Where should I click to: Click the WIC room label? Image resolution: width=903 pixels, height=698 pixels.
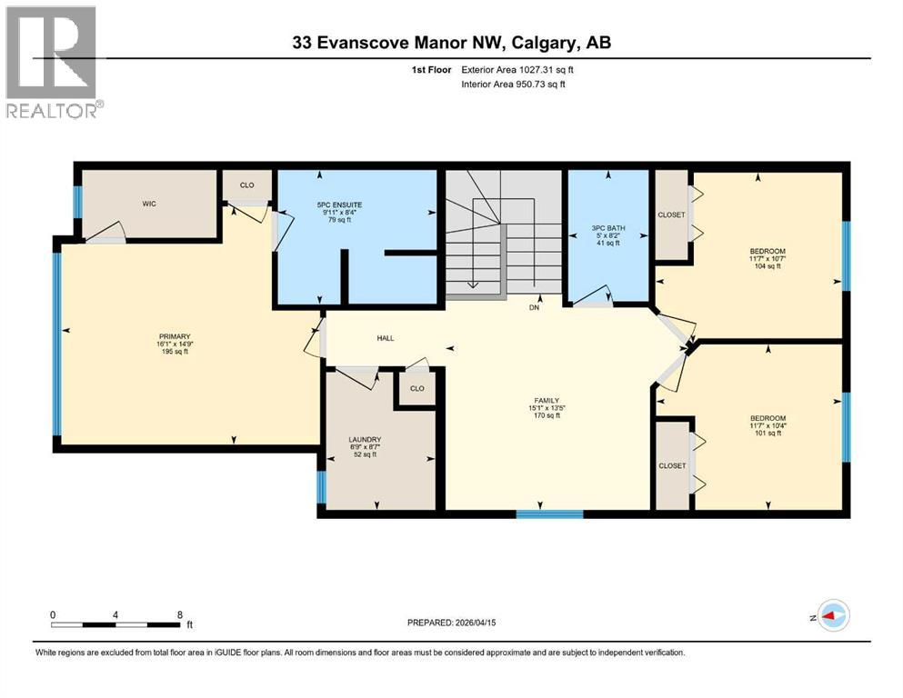click(149, 204)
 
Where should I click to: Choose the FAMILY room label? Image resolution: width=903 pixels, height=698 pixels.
click(546, 401)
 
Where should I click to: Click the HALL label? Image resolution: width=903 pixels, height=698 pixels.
click(386, 338)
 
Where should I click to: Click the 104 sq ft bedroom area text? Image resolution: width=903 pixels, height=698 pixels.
click(768, 266)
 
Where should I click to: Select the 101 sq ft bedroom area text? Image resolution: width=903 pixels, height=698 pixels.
click(768, 434)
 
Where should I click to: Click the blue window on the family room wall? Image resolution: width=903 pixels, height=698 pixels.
click(549, 514)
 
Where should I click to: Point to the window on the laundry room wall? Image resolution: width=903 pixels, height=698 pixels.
click(321, 488)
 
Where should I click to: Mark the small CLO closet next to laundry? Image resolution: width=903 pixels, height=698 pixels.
click(416, 388)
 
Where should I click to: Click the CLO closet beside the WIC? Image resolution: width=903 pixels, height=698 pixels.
click(247, 184)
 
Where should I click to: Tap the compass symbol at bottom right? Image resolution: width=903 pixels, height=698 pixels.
click(831, 615)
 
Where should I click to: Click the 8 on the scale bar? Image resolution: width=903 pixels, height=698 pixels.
click(179, 614)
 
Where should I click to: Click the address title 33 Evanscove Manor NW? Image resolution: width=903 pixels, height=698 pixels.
click(392, 43)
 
